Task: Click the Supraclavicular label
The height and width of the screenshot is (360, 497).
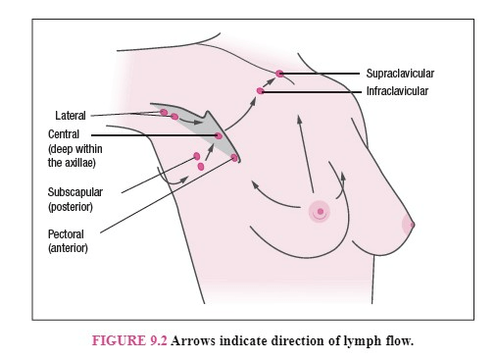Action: [400, 74]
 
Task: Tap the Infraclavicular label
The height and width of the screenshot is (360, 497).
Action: [397, 91]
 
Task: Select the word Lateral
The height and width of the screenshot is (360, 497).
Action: [71, 116]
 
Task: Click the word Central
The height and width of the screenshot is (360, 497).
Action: [64, 134]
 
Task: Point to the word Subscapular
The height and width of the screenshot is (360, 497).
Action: [75, 192]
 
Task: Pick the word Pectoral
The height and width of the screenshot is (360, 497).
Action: [66, 234]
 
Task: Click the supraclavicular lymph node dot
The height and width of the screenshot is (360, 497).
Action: [279, 74]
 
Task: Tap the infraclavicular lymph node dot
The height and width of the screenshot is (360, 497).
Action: [260, 91]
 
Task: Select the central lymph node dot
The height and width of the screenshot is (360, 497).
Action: [219, 135]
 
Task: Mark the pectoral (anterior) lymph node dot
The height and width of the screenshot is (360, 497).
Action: [234, 158]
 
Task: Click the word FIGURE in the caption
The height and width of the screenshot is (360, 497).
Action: [119, 340]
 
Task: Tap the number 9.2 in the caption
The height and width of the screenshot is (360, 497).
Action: [159, 340]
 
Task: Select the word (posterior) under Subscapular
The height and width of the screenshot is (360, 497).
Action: [71, 207]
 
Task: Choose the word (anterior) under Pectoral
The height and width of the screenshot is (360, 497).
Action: [68, 248]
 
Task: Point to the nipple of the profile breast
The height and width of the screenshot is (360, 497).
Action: [412, 225]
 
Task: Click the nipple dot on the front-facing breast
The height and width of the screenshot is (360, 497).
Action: [321, 212]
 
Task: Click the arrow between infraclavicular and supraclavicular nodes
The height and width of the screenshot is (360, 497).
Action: [269, 82]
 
